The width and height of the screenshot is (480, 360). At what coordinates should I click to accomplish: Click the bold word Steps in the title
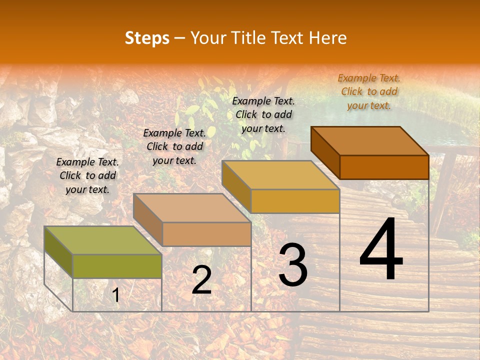coord(147,38)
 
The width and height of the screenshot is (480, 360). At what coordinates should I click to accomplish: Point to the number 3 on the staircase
coord(293,265)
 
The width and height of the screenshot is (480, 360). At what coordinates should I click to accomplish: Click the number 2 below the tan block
coord(201,280)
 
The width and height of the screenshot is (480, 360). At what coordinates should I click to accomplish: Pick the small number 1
coord(116,295)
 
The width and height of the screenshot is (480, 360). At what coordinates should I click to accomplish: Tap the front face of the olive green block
coord(117,266)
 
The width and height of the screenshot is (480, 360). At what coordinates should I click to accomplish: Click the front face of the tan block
coord(206,234)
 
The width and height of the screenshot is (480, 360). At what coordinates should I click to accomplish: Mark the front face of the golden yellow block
coord(295,201)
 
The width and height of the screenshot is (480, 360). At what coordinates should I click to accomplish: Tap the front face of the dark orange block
coord(384,167)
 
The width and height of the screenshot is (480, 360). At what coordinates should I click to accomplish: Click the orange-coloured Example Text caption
coord(369,91)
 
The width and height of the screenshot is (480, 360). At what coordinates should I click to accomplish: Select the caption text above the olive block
coord(87,175)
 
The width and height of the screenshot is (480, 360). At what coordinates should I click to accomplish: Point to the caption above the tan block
coord(174,146)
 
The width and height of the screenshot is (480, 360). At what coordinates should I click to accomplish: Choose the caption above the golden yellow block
coord(263,114)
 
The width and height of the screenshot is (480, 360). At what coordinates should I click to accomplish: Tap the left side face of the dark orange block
coord(325,152)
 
